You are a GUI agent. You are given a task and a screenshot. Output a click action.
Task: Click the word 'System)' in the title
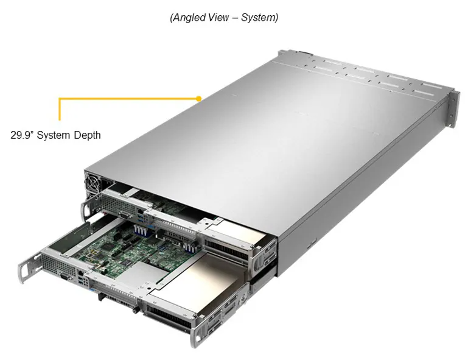[259, 17]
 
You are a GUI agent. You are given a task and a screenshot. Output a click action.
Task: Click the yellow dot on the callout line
[199, 98]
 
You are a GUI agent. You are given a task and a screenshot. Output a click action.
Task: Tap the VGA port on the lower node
[64, 277]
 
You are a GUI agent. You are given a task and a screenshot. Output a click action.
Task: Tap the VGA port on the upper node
[124, 214]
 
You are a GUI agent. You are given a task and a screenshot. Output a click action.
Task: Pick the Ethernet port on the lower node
[80, 272]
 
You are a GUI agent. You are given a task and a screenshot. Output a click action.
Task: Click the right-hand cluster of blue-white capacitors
[189, 247]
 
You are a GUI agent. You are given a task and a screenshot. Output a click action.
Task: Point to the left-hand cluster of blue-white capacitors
[140, 230]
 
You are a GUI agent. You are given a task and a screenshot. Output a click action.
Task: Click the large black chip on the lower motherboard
[107, 247]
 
